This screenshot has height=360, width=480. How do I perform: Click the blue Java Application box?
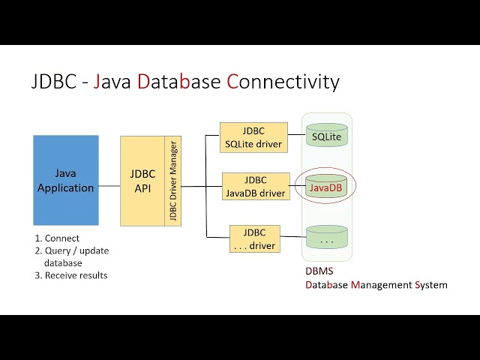tap(65, 180)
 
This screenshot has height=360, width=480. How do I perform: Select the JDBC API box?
tap(142, 181)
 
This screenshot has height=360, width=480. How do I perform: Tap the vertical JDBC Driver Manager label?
tap(172, 181)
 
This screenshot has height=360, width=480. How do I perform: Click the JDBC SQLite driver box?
tap(253, 137)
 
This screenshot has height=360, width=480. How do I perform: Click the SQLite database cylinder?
tap(326, 136)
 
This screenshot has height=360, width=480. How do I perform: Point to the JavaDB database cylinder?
tap(326, 187)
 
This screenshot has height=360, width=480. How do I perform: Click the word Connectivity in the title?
tap(283, 82)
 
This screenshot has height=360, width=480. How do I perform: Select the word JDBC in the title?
tap(53, 82)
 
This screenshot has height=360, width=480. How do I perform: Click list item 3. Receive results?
tap(70, 275)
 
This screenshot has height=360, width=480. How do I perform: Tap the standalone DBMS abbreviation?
tap(319, 271)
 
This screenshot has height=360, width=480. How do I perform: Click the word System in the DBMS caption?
tap(430, 285)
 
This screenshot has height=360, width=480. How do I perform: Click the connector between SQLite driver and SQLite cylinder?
tap(296, 137)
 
